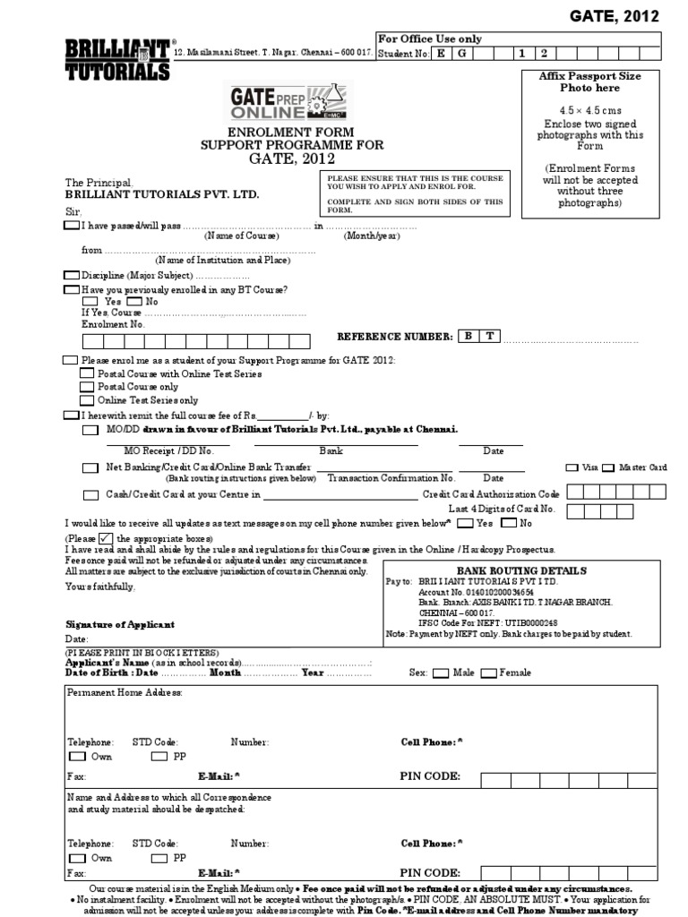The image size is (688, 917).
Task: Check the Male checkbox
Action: tap(442, 673)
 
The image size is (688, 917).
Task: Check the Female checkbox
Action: tap(489, 673)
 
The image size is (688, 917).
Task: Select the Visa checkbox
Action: tap(572, 467)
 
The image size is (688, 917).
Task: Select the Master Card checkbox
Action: tap(609, 467)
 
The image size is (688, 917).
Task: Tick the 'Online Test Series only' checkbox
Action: tap(87, 400)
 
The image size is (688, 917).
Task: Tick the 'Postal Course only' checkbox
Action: tap(87, 387)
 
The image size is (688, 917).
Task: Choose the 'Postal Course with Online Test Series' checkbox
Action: tap(87, 373)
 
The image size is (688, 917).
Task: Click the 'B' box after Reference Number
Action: tap(468, 336)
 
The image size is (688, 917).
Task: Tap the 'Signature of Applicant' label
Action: tap(121, 624)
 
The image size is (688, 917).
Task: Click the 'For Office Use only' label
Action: tap(430, 39)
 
